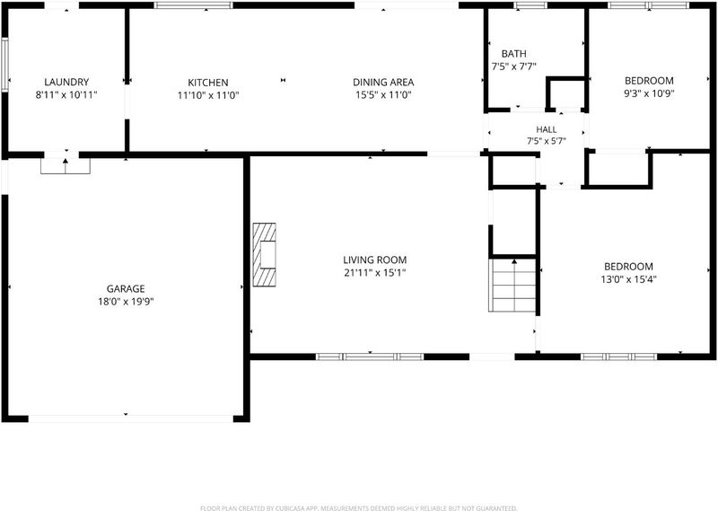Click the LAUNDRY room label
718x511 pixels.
point(66,82)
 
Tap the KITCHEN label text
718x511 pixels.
point(208,83)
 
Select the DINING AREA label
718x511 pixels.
point(383,83)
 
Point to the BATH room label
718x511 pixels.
point(513,54)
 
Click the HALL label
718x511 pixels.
point(547,129)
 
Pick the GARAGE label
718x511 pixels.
point(126,288)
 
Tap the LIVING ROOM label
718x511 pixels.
point(374,260)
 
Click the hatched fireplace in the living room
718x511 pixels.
point(265,255)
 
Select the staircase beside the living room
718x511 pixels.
point(512,285)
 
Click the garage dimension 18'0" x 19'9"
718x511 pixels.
point(126,302)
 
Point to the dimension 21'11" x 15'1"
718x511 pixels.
point(374,273)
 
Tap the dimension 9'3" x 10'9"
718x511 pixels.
point(649,93)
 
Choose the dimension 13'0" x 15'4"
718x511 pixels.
point(628,279)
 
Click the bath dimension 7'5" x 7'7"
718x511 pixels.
point(513,66)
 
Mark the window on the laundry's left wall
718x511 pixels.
point(5,65)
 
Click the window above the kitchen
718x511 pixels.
point(193,5)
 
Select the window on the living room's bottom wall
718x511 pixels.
point(370,357)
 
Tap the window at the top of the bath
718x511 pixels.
point(530,5)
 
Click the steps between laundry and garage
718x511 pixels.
point(65,166)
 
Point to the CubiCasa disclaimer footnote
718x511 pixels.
point(358,507)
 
